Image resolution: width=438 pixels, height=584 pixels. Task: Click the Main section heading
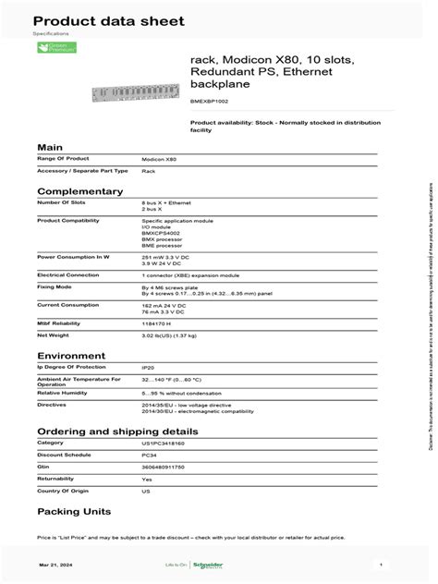click(x=50, y=148)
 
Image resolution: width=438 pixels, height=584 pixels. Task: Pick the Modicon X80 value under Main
click(x=162, y=160)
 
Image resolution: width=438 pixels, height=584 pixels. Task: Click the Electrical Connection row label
click(x=68, y=274)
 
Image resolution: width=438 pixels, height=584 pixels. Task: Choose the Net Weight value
click(x=173, y=335)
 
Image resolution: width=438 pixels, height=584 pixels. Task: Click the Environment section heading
click(x=70, y=355)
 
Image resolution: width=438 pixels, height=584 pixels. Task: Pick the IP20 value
click(x=148, y=367)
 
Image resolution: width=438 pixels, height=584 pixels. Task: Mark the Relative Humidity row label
click(x=63, y=392)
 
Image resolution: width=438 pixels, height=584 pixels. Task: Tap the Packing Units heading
click(x=74, y=511)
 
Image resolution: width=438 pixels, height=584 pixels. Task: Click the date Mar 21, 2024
click(x=54, y=564)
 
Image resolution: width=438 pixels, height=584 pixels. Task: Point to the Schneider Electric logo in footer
click(x=214, y=564)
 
